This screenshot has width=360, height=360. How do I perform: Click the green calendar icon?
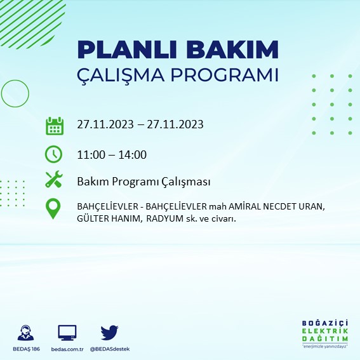coord(54,125)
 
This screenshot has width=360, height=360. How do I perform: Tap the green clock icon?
coord(54,154)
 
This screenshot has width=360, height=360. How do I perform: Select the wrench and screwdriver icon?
coord(54,180)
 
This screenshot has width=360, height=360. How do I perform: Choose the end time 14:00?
coord(133,154)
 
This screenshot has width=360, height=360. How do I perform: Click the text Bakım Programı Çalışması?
coord(143,182)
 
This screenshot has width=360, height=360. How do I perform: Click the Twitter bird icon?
coord(110,332)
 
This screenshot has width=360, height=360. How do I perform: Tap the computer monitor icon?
coord(67,332)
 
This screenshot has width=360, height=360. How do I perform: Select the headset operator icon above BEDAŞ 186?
coord(26,333)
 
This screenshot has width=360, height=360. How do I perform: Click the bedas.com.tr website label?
coord(67,349)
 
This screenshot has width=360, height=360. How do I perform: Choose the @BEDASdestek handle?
coord(109,349)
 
